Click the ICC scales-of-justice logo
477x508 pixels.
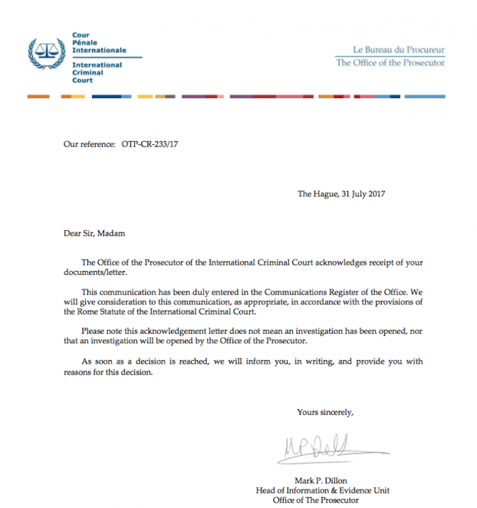46,54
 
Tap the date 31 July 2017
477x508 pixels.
361,194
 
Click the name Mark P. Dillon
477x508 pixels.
320,480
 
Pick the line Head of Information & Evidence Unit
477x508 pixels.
322,490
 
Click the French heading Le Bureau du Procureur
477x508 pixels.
398,50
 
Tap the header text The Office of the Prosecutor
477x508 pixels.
390,63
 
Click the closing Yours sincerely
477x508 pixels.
325,412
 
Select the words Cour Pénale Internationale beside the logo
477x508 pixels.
98,42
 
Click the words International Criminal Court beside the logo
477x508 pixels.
97,72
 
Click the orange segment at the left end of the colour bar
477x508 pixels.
38,97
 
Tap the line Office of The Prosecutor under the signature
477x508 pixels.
315,501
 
